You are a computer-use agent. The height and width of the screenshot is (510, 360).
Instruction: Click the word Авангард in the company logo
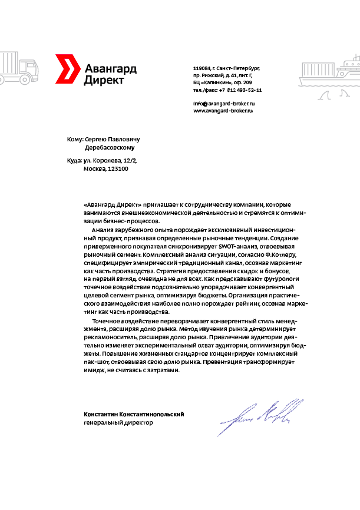click(x=110, y=68)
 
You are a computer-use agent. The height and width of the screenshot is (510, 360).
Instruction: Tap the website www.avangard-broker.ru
click(x=223, y=111)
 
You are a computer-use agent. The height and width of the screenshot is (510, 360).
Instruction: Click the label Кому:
click(x=75, y=139)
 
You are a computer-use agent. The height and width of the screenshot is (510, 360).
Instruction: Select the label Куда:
click(x=75, y=160)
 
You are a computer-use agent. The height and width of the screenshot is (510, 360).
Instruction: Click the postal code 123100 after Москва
click(x=118, y=168)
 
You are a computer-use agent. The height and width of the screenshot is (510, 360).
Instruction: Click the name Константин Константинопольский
click(x=134, y=414)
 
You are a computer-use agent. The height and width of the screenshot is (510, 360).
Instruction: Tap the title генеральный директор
click(x=118, y=422)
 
